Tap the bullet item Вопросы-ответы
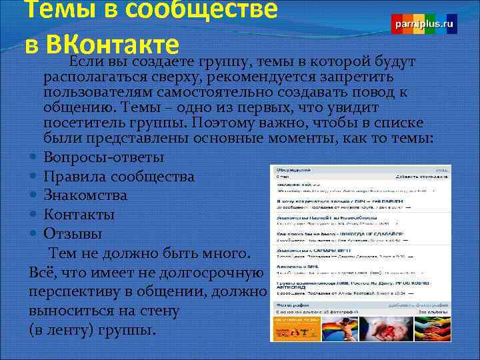click(103, 157)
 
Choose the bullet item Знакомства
click(85, 196)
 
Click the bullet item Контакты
click(79, 215)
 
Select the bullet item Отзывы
click(73, 234)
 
